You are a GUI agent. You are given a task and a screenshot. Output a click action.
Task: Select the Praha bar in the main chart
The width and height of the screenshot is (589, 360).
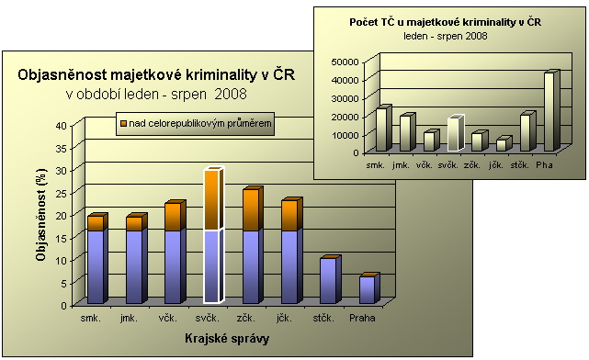369,288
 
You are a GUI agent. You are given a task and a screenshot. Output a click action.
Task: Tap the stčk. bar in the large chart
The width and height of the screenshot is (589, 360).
331,279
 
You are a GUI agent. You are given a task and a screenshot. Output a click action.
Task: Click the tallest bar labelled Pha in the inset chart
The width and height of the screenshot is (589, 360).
551,111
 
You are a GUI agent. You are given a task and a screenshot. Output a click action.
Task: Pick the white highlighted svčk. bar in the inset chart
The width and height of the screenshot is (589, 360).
456,133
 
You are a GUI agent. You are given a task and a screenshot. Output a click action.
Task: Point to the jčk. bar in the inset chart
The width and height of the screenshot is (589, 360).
504,144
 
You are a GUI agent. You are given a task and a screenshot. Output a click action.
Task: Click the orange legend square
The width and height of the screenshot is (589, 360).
123,123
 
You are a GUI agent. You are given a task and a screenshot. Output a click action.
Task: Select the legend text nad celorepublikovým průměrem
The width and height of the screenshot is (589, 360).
200,123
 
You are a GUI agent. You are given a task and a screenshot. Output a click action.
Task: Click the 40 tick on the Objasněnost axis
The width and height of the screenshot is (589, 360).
62,126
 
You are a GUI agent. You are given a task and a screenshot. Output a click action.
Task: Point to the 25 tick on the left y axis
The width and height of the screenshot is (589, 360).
62,194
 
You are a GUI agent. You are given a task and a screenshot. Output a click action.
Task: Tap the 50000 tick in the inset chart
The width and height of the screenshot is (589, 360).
345,62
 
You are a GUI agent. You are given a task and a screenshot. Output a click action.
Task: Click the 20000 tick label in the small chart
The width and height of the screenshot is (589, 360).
345,117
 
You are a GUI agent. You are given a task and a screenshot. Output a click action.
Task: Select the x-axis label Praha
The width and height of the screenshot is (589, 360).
362,318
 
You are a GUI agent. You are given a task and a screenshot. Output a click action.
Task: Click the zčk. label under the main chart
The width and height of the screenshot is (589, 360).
246,319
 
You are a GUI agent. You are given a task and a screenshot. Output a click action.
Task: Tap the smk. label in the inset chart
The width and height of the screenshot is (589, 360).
375,164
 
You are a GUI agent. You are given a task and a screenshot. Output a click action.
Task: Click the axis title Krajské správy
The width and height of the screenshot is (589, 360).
227,339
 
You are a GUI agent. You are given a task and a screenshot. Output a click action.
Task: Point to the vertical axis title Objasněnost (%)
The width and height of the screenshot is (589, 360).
41,215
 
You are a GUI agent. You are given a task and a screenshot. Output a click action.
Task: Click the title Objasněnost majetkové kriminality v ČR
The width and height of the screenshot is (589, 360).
156,74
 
